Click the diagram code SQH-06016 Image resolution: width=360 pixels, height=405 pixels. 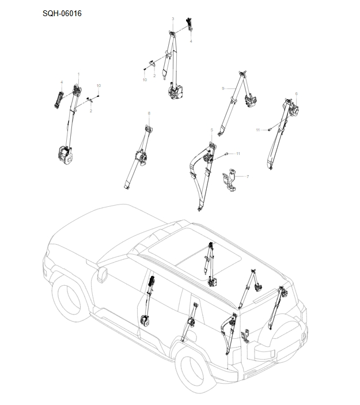click(62, 13)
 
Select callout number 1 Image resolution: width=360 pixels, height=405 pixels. click(78, 75)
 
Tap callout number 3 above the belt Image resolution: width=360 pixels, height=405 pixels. click(173, 19)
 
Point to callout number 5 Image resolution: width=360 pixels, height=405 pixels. click(211, 131)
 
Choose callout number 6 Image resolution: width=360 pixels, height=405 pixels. click(296, 93)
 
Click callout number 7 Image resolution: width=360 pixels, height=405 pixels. click(247, 176)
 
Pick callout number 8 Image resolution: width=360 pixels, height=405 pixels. click(149, 113)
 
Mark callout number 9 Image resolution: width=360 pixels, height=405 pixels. click(222, 88)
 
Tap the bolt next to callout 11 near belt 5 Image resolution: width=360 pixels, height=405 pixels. click(228, 153)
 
